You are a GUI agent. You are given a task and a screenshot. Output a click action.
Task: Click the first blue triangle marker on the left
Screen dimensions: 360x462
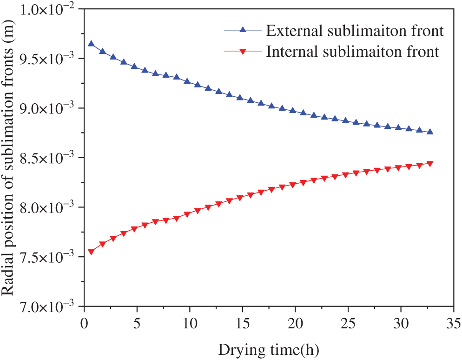(91, 44)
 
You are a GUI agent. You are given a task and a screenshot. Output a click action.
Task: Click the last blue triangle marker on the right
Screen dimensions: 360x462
(430, 132)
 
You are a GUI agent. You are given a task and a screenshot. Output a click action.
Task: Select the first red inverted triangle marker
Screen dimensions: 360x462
(91, 252)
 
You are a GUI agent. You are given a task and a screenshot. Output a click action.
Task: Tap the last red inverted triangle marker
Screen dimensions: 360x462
(430, 164)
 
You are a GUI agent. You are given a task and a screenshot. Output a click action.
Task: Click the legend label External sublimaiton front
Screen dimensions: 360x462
(354, 31)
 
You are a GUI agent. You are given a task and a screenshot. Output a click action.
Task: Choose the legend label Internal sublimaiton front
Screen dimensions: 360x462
(352, 51)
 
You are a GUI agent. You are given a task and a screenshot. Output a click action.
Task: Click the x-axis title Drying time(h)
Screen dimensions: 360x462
(267, 347)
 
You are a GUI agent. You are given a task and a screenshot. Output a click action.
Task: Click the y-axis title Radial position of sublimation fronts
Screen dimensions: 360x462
(10, 159)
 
